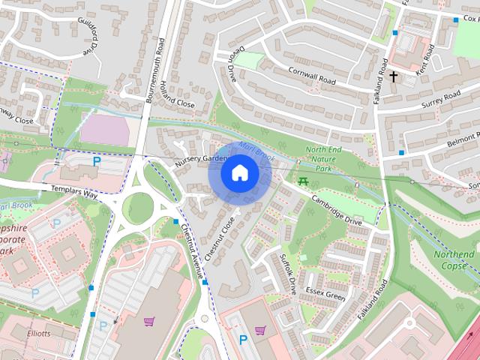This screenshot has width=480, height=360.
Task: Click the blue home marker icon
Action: coord(238,173)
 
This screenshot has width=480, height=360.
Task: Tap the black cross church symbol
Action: coord(394,76)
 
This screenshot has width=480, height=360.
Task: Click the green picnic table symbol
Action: coord(303,181)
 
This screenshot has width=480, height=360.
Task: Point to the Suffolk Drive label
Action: coord(288,273)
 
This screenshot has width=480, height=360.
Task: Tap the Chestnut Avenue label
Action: coord(193,255)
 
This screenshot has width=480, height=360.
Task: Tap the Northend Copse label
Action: coord(454,260)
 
